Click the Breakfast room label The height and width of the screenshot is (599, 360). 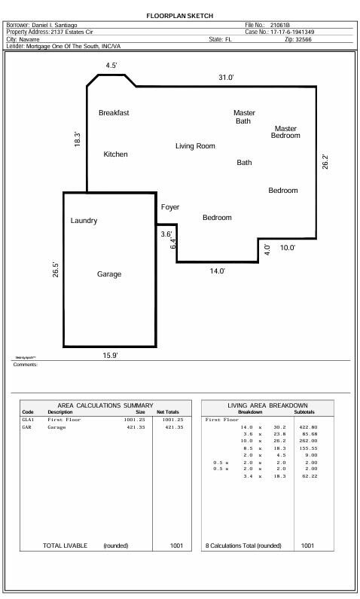(x=114, y=113)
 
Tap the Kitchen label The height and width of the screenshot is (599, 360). (x=115, y=154)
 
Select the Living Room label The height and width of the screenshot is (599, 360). (x=195, y=146)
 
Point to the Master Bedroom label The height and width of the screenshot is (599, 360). (x=285, y=132)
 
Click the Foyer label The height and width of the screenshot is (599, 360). (x=169, y=207)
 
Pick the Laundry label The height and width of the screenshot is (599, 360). (x=84, y=221)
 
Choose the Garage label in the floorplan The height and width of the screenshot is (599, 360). (x=108, y=274)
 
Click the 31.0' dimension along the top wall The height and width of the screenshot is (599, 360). (x=226, y=78)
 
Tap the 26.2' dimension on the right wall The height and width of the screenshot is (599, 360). (x=325, y=161)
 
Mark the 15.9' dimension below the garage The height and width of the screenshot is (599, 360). (x=110, y=355)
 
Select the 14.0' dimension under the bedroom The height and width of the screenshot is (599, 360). (x=217, y=271)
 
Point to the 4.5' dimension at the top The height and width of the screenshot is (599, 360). (x=111, y=66)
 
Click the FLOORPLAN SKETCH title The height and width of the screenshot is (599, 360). (x=179, y=15)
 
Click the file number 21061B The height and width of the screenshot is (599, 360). (x=281, y=26)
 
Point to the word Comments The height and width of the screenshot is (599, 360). (x=25, y=365)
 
